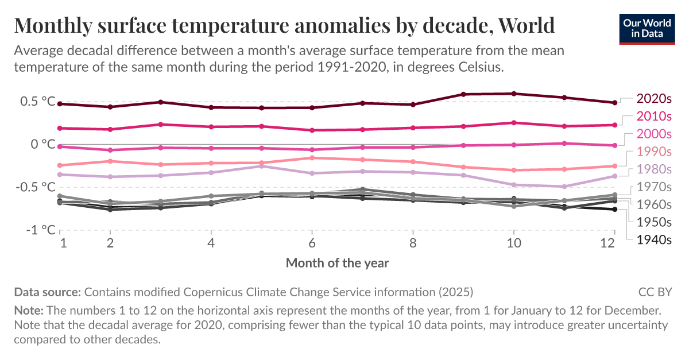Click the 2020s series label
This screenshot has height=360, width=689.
654,98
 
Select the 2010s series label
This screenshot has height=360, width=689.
654,116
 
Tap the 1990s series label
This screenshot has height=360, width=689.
654,152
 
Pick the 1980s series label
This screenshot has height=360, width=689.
654,169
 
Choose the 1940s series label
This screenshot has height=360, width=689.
654,240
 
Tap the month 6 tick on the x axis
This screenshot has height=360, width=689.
312,242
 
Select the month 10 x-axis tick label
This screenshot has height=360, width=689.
513,242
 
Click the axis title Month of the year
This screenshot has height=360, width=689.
337,263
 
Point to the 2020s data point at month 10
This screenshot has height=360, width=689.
513,94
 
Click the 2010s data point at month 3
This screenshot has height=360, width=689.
161,125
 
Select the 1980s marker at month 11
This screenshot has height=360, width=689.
564,187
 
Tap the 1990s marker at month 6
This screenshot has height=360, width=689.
312,158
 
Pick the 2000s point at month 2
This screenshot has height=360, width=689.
110,150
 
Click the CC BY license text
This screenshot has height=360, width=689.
655,292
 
